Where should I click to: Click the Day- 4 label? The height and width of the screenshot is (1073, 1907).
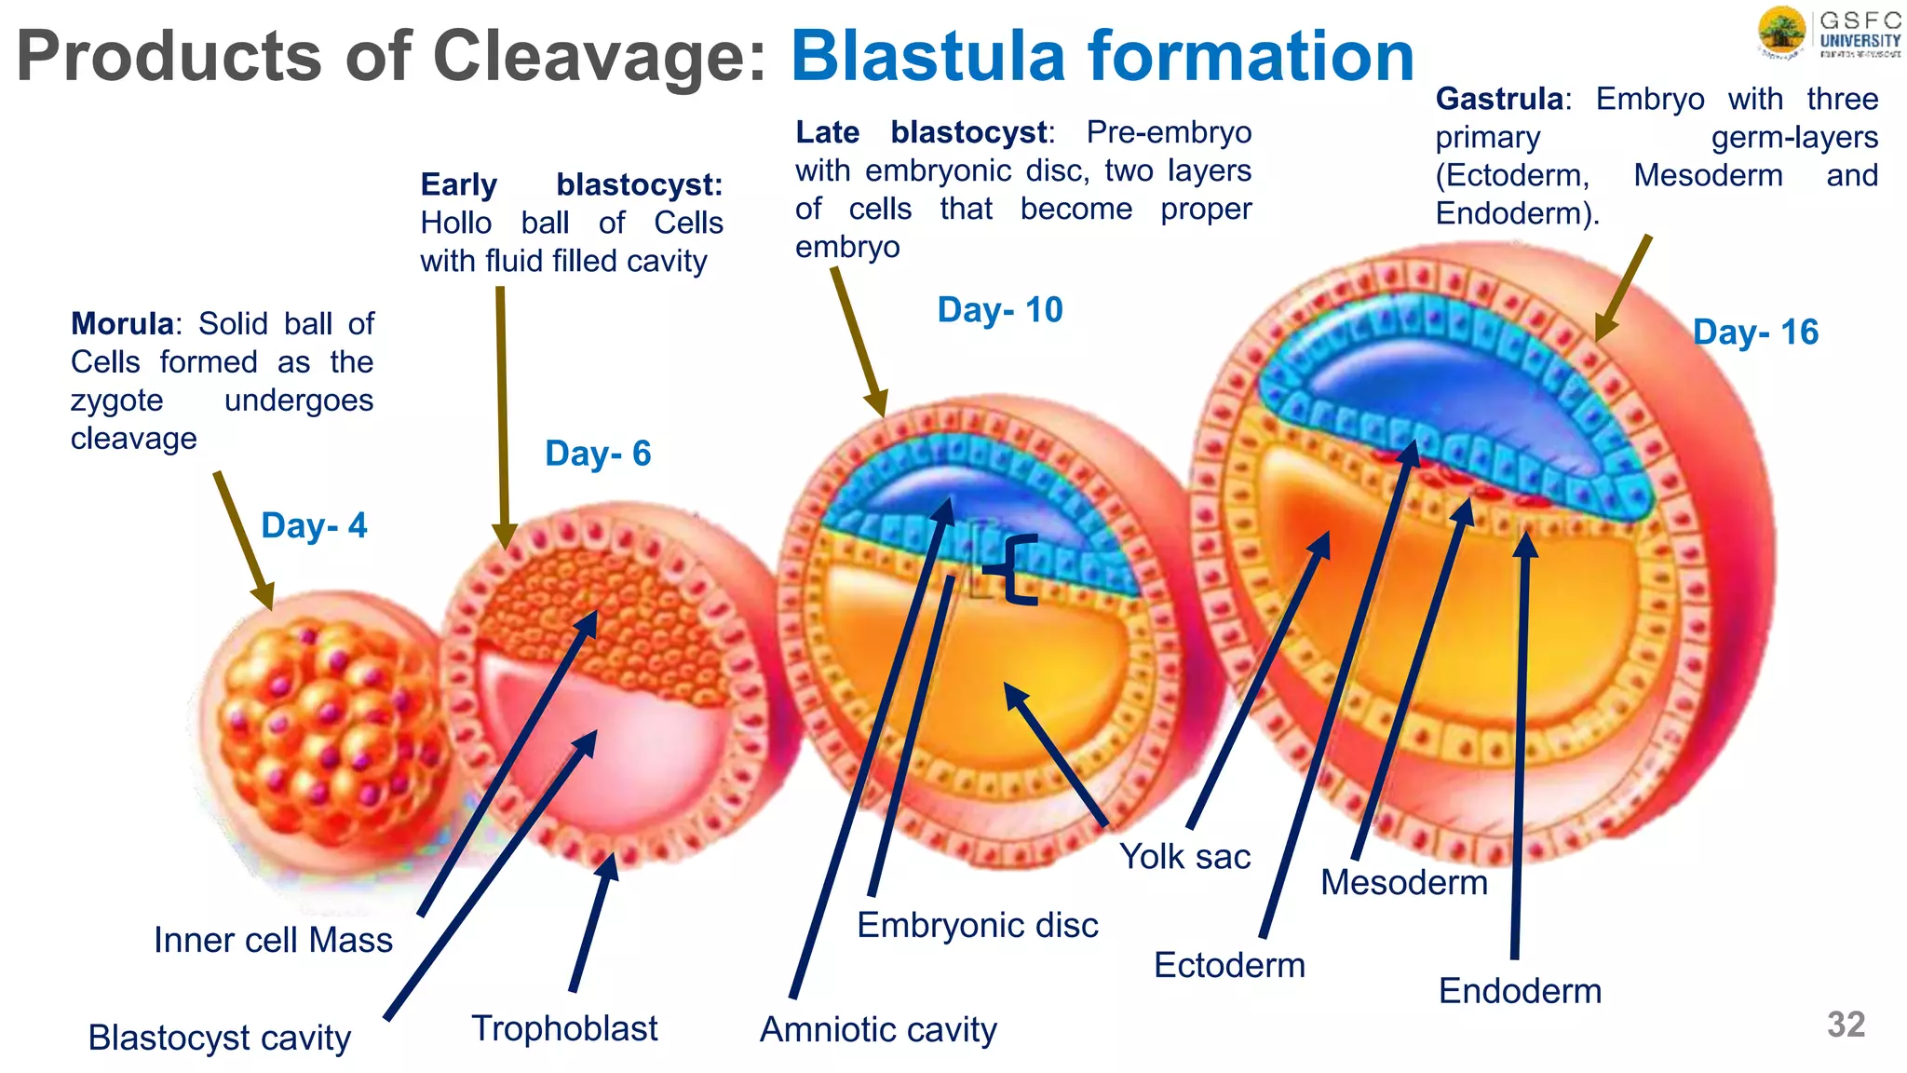314,525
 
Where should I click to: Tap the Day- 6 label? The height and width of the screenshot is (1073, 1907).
598,454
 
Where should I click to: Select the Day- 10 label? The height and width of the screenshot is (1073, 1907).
999,310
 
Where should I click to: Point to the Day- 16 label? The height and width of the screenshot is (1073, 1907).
1754,333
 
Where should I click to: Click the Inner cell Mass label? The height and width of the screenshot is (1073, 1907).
273,940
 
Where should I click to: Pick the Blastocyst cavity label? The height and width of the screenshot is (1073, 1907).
219,1038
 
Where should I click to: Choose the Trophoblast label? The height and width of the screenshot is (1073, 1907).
564,1028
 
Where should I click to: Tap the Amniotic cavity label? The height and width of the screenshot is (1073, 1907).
878,1029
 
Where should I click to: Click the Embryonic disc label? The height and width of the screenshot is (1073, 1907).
977,925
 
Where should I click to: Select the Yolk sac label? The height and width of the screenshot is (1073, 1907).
1184,857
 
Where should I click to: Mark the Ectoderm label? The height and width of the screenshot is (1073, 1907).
1229,965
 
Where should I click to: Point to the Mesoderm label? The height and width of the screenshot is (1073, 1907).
1403,882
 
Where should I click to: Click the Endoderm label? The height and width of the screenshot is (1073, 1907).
1520,991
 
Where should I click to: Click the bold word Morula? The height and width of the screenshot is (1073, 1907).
122,324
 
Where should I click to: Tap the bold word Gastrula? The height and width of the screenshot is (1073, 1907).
1499,99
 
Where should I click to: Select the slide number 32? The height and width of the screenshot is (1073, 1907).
1846,1025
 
